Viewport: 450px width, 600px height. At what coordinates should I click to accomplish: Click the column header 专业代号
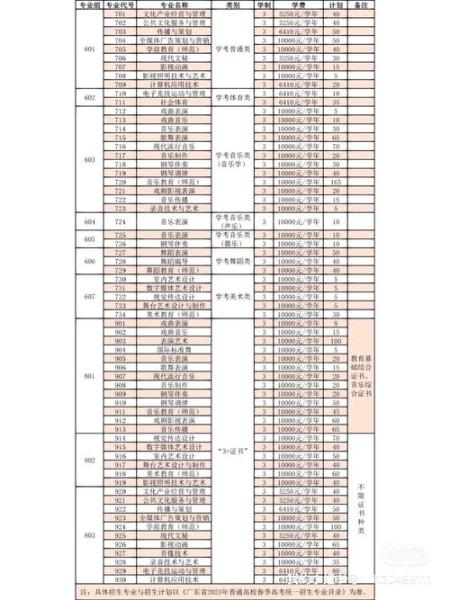[x=121, y=6]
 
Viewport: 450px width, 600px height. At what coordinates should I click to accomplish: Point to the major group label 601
[x=88, y=49]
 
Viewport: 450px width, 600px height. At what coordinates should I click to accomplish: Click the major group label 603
[x=88, y=159]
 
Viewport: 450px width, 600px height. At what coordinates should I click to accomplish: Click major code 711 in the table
[x=121, y=103]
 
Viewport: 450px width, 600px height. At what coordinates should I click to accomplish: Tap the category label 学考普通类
[x=233, y=49]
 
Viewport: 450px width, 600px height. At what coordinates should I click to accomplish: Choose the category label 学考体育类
[x=233, y=98]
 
